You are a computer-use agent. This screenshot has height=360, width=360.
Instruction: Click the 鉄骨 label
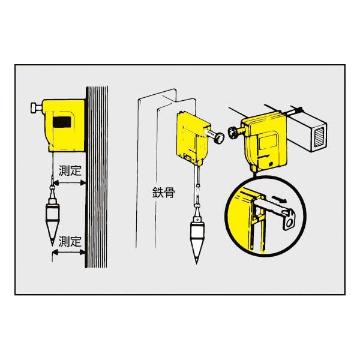coord(164,193)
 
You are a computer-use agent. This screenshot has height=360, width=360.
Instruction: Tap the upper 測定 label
coord(70,170)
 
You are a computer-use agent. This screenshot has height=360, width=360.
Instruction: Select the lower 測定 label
coord(70,241)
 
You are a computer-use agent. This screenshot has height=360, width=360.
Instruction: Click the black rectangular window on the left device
coord(62,122)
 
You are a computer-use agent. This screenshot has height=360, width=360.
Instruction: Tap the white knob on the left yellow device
coord(35,108)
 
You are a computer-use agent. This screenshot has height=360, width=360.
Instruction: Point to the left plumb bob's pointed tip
coord(53,245)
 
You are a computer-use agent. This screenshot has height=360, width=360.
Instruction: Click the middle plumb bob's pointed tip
coord(197,263)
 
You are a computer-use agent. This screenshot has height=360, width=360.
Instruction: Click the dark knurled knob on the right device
coord(233,133)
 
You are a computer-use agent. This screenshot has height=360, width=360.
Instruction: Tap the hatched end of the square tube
coord(319,137)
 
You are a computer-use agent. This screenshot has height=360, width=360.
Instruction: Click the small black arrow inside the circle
coord(280,199)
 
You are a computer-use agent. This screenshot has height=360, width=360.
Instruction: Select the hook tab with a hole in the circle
coord(289,220)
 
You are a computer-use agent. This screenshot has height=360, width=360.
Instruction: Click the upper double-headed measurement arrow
coord(69,183)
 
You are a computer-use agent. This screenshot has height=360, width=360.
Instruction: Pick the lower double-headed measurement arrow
coord(69,253)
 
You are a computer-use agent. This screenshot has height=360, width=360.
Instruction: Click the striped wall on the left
coord(96,177)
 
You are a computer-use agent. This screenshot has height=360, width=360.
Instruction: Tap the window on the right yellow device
coord(268,143)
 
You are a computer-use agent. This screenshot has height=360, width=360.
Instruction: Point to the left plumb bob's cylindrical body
coord(53,212)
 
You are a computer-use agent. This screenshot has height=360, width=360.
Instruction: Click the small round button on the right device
coord(271,164)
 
